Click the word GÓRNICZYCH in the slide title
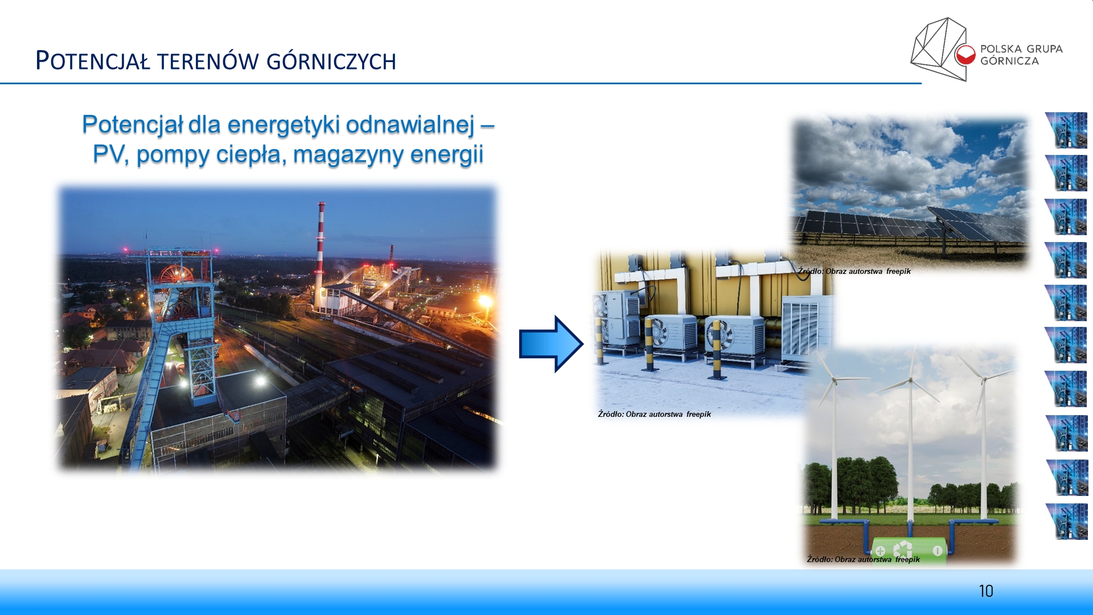331,61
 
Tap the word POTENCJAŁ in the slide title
93,60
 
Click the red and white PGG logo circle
965,55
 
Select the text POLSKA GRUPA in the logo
1021,49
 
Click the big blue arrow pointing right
551,344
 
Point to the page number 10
986,591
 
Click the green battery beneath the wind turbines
909,551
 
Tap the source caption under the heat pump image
654,414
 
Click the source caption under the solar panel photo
854,271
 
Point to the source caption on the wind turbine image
863,559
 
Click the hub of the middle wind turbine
910,380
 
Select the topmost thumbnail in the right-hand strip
1066,130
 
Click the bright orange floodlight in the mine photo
486,300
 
